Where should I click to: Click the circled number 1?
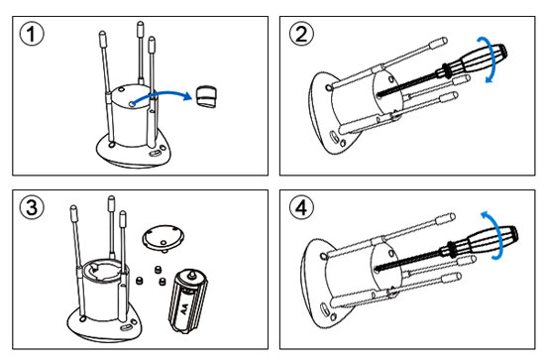[32, 35]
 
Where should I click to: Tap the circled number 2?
[301, 35]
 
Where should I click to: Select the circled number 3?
[32, 207]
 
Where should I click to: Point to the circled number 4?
[301, 207]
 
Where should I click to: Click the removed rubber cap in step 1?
[207, 96]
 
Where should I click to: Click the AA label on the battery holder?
[184, 309]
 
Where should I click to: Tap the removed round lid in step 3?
[163, 238]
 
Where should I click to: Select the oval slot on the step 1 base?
[155, 153]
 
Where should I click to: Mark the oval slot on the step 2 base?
[333, 136]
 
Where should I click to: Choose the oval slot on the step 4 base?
[324, 308]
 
